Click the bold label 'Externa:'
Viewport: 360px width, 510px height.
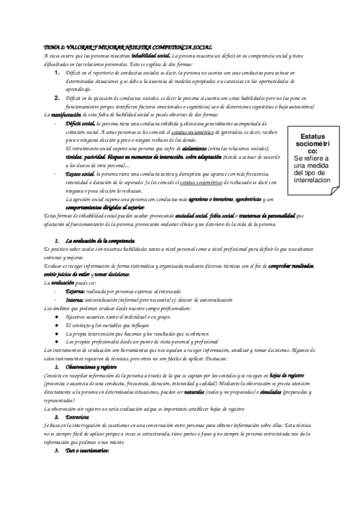(x=76, y=290)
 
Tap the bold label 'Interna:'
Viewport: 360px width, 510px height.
(x=75, y=299)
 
